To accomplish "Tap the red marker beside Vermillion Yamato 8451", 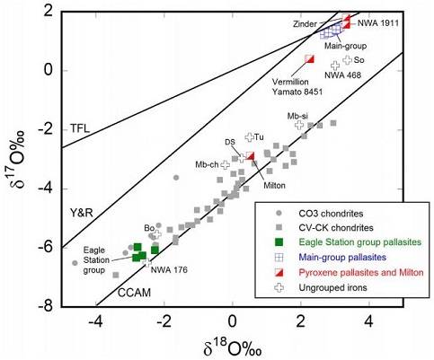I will point(309,59).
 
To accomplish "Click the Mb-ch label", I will point(208,165).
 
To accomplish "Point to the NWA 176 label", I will point(168,266).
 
